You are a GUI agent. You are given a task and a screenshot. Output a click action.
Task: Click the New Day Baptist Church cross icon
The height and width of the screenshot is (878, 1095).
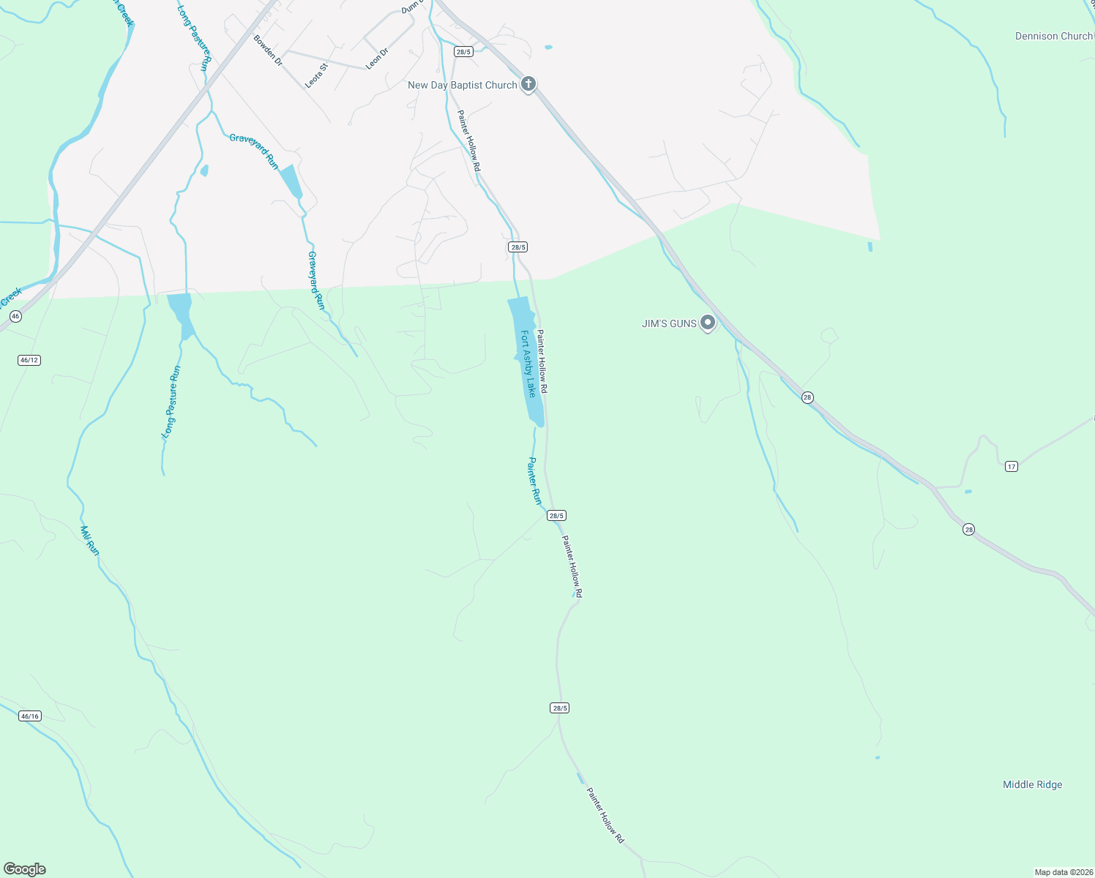[x=528, y=84]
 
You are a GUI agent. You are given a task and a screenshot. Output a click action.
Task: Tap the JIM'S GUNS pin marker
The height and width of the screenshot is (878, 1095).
[x=707, y=322]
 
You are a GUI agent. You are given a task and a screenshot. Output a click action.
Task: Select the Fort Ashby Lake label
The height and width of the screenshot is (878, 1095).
[x=528, y=364]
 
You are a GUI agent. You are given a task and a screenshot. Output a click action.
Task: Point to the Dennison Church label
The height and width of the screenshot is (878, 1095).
[x=1053, y=36]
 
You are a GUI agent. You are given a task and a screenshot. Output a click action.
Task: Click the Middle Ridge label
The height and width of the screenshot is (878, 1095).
[x=1032, y=784]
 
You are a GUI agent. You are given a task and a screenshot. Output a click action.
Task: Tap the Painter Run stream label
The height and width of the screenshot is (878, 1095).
[x=535, y=481]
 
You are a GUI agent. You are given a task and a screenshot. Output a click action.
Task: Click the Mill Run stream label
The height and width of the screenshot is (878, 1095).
[x=89, y=540]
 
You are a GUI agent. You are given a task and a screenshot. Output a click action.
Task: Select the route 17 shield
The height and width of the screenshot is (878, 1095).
[x=1011, y=466]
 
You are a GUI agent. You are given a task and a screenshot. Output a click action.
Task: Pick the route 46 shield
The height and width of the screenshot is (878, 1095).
[x=16, y=316]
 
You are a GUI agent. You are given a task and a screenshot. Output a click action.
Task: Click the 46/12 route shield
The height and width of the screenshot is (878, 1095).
[x=29, y=360]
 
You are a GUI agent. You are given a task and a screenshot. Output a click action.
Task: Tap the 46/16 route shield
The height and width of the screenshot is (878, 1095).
[x=30, y=716]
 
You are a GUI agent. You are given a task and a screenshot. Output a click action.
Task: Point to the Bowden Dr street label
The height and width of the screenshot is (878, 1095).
[x=268, y=50]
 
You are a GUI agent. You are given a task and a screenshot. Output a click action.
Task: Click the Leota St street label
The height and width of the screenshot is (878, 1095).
[x=316, y=75]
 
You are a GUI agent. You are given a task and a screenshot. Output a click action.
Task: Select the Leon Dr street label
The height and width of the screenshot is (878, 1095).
[x=377, y=58]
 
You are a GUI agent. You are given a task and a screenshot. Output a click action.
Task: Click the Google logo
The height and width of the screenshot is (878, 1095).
[x=25, y=869]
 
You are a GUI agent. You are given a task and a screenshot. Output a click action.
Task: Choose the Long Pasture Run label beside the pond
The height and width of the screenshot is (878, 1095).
[x=171, y=402]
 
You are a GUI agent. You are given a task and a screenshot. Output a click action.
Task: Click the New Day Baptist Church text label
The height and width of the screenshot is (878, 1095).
[x=462, y=85]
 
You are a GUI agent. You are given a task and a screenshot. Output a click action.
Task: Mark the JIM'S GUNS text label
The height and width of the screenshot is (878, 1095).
[x=669, y=323]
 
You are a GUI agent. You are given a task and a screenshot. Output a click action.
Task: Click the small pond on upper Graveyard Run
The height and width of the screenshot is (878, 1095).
[x=291, y=181]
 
